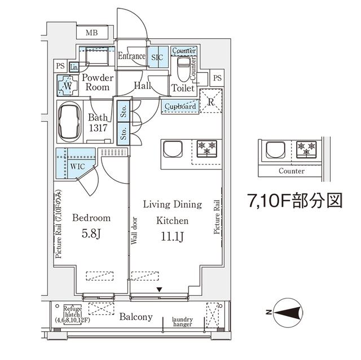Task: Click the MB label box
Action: tap(92, 33)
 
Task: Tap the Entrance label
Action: tap(131, 56)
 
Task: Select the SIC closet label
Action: tap(156, 57)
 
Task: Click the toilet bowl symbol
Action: tap(183, 72)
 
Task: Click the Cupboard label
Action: tap(181, 106)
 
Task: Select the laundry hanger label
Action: tap(182, 322)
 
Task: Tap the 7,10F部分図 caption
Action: tap(294, 201)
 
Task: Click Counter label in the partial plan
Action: tap(291, 171)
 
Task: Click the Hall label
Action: tap(142, 86)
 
